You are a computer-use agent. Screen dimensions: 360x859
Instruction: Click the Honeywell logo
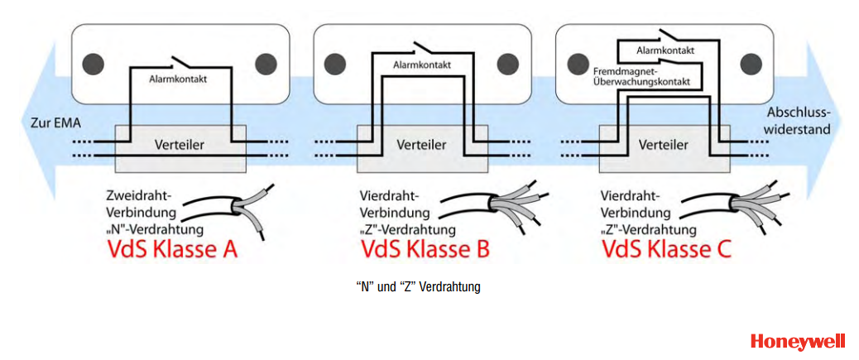point(798,341)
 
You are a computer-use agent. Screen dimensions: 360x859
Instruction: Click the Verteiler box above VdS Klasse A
point(180,146)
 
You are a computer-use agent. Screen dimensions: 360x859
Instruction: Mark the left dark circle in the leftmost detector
point(94,63)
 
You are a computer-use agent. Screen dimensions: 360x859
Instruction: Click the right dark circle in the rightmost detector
point(753,63)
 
